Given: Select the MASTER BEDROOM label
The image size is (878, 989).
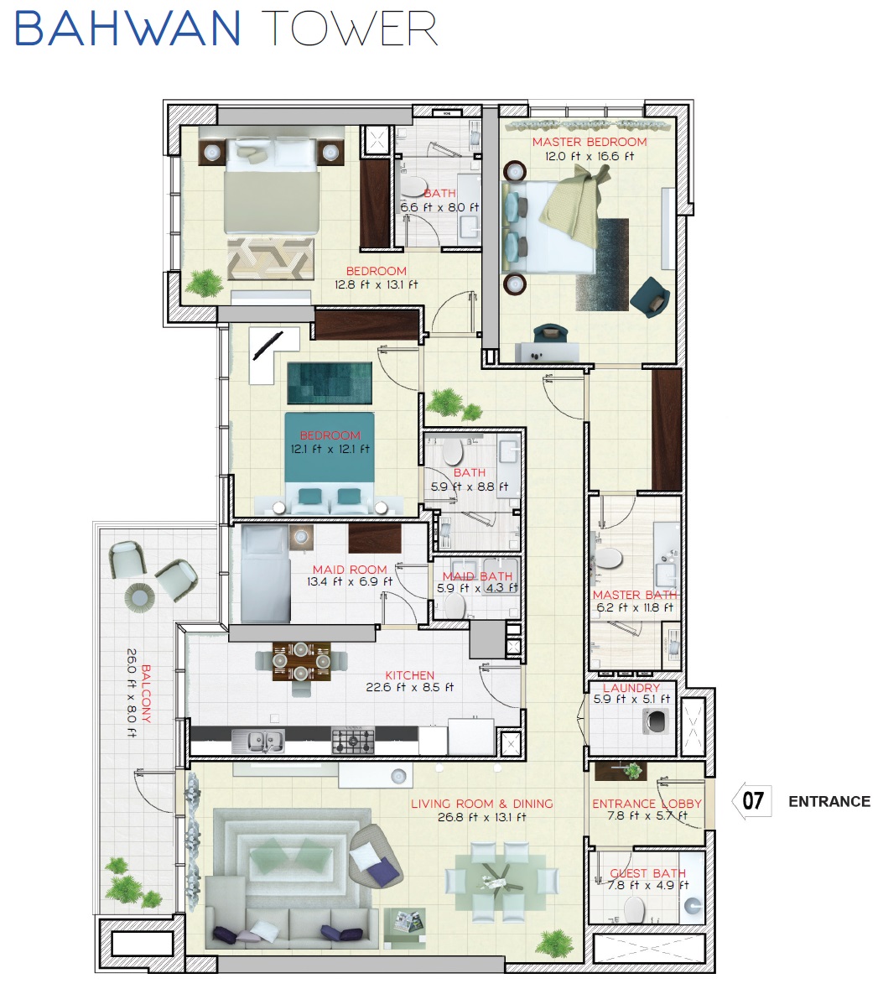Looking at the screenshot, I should [x=590, y=142].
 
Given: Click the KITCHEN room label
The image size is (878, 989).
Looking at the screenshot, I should [x=410, y=674].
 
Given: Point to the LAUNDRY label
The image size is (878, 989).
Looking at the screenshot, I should [x=631, y=687].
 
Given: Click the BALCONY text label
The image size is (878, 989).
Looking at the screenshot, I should [x=146, y=694].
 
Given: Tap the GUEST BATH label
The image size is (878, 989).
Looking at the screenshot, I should [x=647, y=872].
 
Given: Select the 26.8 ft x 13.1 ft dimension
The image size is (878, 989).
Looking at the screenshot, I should [x=481, y=816].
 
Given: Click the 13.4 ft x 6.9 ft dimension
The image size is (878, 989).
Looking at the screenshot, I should [x=350, y=581].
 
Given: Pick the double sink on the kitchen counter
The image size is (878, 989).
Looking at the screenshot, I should [x=257, y=741].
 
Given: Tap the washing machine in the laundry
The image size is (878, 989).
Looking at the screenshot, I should [x=653, y=721].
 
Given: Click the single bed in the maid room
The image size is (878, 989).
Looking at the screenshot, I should [x=264, y=573].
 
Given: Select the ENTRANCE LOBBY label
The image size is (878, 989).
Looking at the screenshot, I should [x=647, y=803].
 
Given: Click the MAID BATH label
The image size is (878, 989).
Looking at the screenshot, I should [x=477, y=575].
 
